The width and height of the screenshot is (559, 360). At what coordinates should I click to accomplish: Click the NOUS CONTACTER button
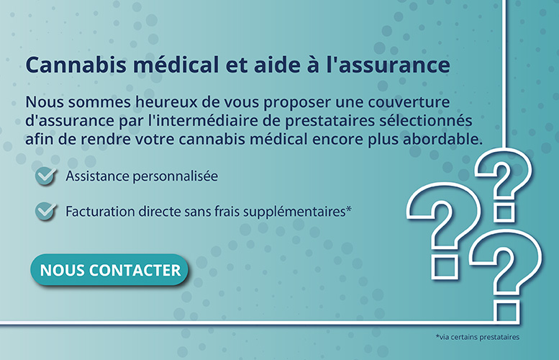[109, 270]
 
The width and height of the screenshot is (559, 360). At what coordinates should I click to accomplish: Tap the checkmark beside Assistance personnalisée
[45, 176]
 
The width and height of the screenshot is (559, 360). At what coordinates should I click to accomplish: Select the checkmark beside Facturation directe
[45, 211]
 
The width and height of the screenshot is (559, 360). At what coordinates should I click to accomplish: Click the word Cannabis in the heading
[76, 65]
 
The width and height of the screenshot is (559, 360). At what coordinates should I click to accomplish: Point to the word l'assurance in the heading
[388, 65]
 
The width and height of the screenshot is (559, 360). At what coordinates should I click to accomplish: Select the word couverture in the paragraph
[409, 102]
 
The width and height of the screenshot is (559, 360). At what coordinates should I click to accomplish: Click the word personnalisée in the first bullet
[175, 176]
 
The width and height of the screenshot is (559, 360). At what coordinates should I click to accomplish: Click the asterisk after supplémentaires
[349, 208]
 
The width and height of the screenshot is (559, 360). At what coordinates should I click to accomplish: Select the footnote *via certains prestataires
[478, 337]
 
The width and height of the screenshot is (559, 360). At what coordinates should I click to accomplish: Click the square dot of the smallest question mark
[504, 213]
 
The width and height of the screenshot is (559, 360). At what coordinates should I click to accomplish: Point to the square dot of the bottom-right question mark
[507, 312]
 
